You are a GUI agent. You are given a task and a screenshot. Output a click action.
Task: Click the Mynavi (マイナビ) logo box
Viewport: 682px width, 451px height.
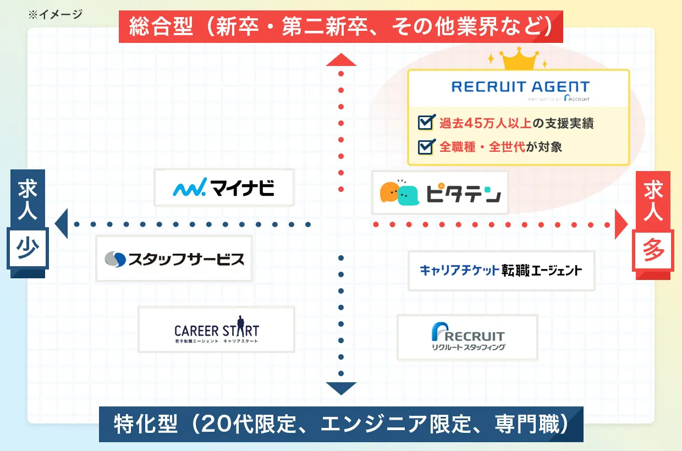pyautogui.click(x=224, y=188)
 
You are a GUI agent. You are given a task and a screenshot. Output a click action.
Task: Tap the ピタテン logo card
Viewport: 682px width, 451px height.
pyautogui.click(x=440, y=193)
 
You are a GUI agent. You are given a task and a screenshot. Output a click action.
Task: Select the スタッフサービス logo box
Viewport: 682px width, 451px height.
pyautogui.click(x=174, y=258)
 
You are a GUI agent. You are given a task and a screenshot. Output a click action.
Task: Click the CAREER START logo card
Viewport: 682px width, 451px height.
pyautogui.click(x=216, y=329)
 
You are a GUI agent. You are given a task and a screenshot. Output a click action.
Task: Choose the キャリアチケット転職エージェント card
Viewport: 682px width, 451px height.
pyautogui.click(x=501, y=271)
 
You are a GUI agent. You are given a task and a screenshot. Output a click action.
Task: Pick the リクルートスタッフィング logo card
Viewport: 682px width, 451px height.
pyautogui.click(x=467, y=337)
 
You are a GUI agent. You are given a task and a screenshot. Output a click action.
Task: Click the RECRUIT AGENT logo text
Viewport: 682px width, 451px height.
pyautogui.click(x=519, y=87)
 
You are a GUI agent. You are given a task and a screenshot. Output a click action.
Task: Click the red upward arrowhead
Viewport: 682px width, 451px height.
pyautogui.click(x=341, y=59)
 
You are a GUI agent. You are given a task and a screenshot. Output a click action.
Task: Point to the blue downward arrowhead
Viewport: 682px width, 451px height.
pyautogui.click(x=341, y=388)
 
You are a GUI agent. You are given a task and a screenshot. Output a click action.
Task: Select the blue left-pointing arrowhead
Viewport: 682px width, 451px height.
pyautogui.click(x=61, y=224)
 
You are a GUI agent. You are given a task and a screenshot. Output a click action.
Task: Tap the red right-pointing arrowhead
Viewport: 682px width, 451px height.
pyautogui.click(x=621, y=224)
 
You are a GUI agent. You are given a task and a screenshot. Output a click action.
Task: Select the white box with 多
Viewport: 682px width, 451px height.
pyautogui.click(x=653, y=251)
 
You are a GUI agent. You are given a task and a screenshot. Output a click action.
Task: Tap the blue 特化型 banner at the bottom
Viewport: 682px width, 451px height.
pyautogui.click(x=341, y=424)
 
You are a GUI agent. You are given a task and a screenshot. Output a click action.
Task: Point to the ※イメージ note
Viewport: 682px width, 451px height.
pyautogui.click(x=55, y=14)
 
